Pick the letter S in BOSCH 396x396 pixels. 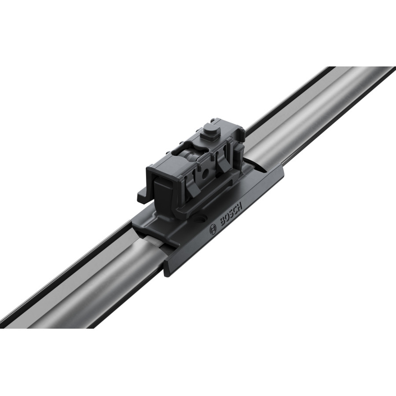coord(231,213)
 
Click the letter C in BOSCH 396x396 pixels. coord(236,209)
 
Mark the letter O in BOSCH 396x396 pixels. coord(227,218)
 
